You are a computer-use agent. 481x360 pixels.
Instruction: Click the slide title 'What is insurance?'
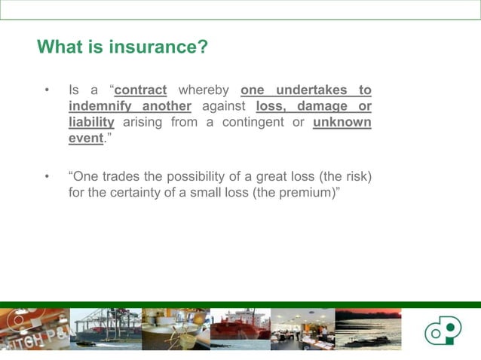point(122,47)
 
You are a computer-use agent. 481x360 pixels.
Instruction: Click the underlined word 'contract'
point(140,90)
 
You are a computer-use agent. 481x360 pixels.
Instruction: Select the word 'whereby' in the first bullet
point(204,90)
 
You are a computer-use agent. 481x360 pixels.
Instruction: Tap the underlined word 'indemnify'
point(97,106)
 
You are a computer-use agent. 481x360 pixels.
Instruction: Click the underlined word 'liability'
point(91,122)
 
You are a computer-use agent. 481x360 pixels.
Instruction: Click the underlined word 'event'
point(84,138)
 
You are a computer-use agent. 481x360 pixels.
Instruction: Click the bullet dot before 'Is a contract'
point(47,91)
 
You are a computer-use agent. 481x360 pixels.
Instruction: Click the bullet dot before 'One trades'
point(47,178)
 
